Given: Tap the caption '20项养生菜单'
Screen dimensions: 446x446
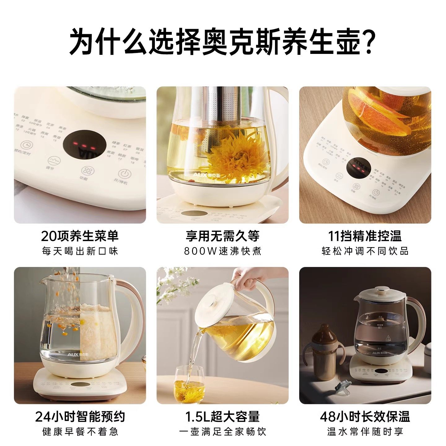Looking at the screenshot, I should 80,236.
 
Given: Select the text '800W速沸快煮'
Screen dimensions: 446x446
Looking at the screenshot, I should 223,251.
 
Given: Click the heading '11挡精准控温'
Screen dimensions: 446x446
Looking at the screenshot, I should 365,236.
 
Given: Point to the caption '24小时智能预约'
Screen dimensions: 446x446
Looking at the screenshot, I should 80,417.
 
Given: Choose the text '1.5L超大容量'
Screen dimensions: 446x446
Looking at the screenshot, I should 222,417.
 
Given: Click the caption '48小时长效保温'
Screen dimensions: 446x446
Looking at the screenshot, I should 365,417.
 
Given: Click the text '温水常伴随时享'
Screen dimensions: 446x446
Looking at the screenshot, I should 365,431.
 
